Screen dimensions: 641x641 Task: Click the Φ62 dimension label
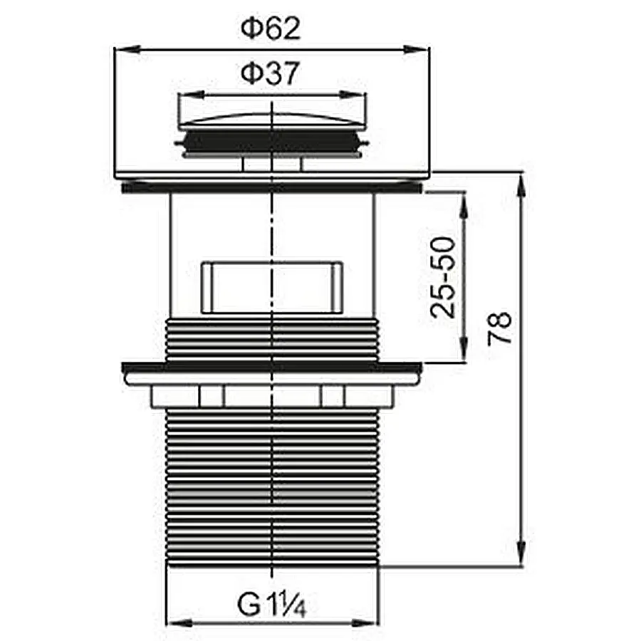[x=271, y=28]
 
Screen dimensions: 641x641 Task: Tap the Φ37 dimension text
[x=271, y=73]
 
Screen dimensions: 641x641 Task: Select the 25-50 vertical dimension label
[x=442, y=277]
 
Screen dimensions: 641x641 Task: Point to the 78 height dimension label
[x=499, y=328]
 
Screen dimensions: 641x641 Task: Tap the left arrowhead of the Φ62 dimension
[x=127, y=49]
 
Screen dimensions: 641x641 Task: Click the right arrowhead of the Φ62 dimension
[x=416, y=49]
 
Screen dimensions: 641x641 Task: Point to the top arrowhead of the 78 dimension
[x=521, y=187]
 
